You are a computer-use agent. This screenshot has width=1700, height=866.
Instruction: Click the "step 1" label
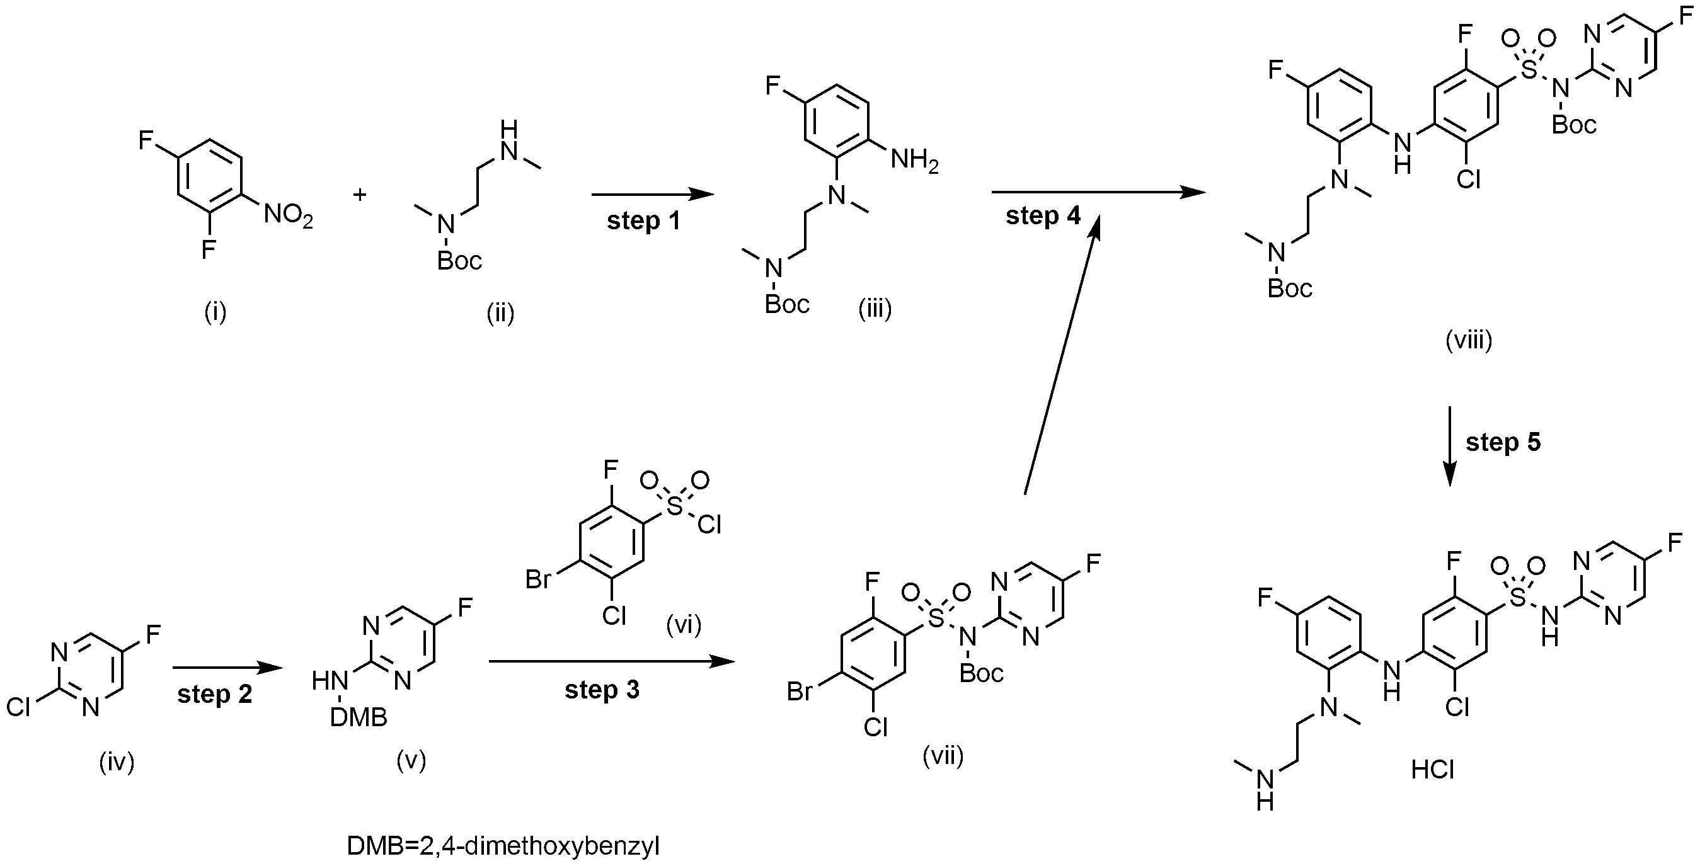643,222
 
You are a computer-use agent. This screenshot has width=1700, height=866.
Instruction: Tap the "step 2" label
214,695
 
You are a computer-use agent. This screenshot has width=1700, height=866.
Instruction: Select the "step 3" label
602,690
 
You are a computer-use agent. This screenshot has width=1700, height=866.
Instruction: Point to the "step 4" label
1043,215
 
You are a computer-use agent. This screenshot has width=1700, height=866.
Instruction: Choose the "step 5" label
1503,442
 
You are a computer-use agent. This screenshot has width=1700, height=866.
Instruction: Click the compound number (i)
215,312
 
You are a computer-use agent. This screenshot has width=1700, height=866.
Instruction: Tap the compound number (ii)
500,312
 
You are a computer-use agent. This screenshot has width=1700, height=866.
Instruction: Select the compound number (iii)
875,308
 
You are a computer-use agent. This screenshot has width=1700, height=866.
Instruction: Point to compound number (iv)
117,762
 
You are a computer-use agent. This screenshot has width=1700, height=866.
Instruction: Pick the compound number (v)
411,760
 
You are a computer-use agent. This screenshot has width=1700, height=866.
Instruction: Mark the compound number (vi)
683,624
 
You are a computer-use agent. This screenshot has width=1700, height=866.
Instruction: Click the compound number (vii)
943,756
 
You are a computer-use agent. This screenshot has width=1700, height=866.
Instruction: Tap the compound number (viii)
1469,340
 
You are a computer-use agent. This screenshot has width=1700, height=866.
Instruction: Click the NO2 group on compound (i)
289,215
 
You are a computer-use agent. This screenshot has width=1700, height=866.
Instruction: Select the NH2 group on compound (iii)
915,160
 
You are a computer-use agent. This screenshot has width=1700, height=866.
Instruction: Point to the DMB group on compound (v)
359,717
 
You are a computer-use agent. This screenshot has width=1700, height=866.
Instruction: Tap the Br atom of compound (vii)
800,692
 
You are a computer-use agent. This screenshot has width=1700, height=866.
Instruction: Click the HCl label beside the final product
1433,770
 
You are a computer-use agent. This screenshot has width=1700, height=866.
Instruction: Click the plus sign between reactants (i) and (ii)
360,195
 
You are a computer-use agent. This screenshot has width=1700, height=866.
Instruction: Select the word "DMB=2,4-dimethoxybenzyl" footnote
503,846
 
